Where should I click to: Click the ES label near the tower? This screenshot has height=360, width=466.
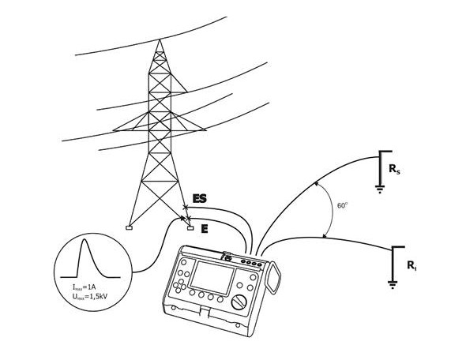(199, 198)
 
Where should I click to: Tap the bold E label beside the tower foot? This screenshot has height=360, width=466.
(205, 229)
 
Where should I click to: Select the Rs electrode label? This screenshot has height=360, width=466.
(394, 169)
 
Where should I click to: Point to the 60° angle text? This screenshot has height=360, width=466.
(342, 205)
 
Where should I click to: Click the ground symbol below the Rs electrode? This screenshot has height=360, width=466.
(380, 189)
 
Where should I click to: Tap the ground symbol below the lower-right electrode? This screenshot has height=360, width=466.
(393, 284)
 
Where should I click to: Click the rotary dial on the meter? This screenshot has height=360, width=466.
(239, 302)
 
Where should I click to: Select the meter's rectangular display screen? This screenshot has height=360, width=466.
(212, 278)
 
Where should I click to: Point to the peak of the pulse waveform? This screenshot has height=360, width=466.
(85, 239)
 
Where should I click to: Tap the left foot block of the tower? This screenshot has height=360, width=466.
(129, 228)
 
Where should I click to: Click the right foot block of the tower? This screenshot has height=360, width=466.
(190, 228)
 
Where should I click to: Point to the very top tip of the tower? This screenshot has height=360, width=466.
(160, 39)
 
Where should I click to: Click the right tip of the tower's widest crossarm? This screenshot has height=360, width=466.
(205, 129)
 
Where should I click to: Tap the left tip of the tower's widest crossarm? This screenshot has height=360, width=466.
(113, 130)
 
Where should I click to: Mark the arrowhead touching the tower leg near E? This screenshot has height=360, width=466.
(182, 219)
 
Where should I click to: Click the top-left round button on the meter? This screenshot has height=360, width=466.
(184, 262)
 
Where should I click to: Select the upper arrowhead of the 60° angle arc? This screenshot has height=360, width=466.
(318, 183)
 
